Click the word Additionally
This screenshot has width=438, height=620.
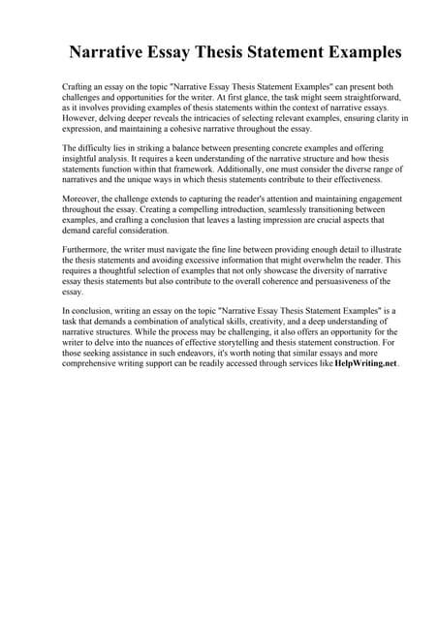point(280,169)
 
